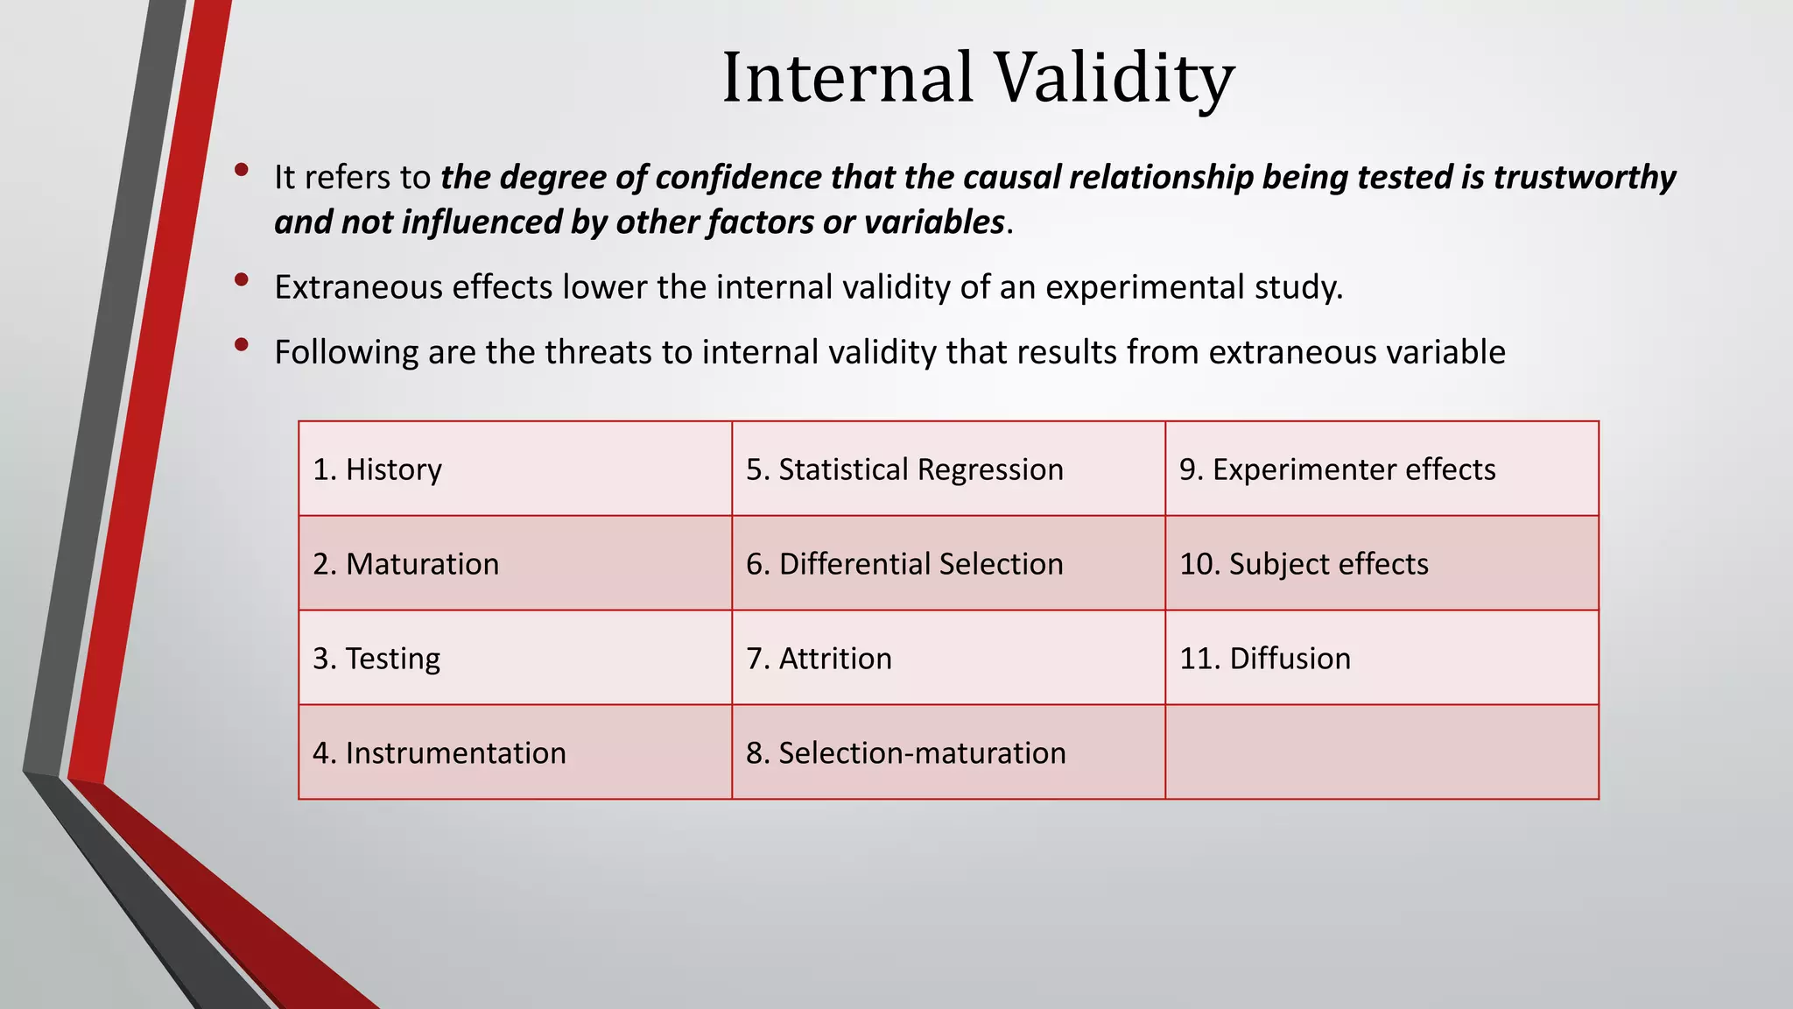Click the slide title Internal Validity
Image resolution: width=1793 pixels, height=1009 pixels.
pos(977,77)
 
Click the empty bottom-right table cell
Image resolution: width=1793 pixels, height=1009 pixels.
pos(1382,752)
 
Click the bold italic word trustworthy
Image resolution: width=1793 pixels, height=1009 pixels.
pos(1584,178)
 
